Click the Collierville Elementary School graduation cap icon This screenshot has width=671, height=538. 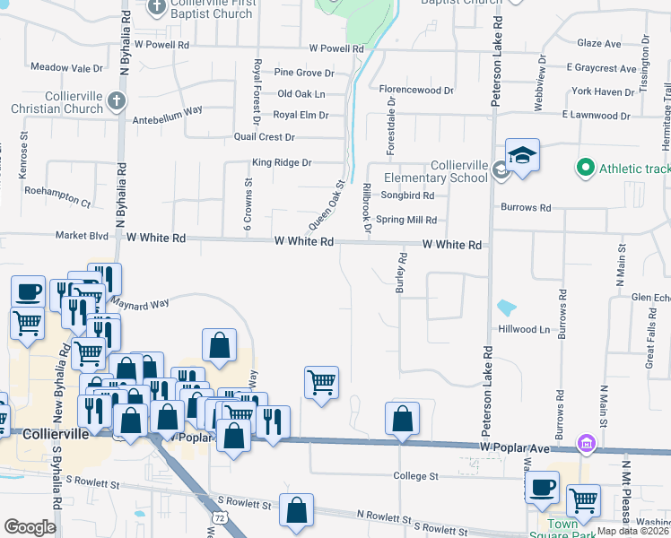tap(522, 154)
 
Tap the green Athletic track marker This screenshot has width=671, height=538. tap(586, 168)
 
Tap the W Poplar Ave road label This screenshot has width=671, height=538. tap(512, 446)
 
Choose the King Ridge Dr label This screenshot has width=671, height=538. tap(281, 163)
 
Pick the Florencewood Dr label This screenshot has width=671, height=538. tap(416, 91)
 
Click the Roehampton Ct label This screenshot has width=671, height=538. tap(58, 203)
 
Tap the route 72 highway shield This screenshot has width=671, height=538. tap(220, 518)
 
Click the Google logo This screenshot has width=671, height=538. tap(30, 527)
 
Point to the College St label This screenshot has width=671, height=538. tap(414, 475)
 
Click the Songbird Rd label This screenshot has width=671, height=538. tap(407, 195)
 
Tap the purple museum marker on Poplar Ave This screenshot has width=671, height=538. tap(587, 443)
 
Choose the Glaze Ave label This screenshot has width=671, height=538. tap(599, 43)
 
